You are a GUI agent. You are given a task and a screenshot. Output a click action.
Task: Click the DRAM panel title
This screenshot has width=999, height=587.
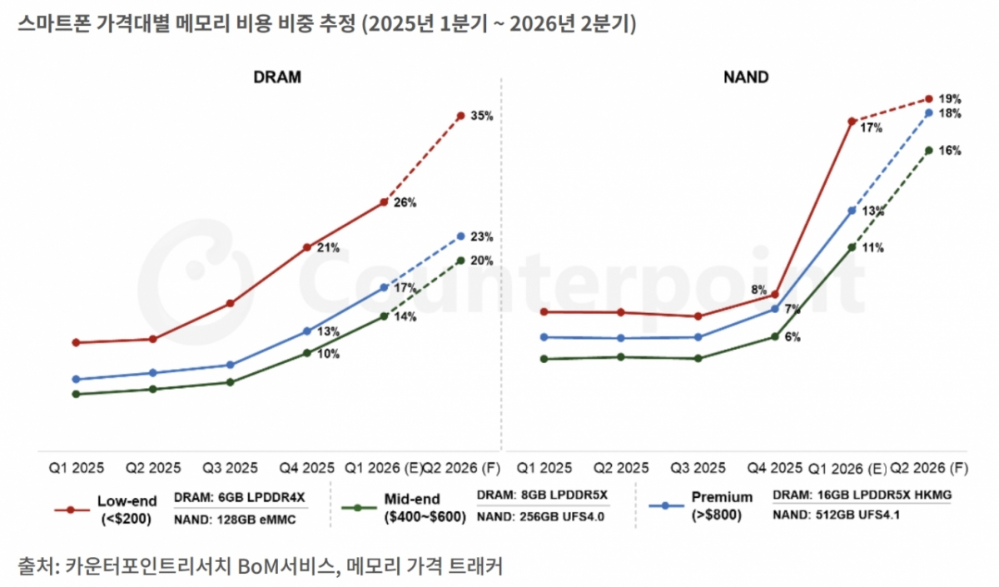point(277,77)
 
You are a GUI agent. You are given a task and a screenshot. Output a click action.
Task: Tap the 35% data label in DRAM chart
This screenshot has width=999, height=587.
point(481,117)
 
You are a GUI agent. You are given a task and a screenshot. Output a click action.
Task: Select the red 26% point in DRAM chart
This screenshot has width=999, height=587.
point(384,202)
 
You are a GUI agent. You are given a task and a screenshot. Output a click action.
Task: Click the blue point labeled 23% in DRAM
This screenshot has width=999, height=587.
point(460,236)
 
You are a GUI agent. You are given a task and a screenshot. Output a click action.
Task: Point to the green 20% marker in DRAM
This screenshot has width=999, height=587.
point(460,261)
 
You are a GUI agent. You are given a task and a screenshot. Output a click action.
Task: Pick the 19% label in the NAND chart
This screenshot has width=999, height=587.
point(950,97)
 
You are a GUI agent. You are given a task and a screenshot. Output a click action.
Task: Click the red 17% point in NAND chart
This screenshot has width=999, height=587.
point(852,122)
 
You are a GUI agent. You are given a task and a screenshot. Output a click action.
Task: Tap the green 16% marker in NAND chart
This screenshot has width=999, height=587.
point(929,151)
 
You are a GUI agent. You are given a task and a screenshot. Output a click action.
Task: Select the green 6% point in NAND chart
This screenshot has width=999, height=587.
point(774,336)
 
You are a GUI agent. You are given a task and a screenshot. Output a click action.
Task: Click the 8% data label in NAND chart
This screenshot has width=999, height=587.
point(758,290)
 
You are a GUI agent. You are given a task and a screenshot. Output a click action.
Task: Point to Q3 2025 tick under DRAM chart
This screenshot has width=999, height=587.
point(230,467)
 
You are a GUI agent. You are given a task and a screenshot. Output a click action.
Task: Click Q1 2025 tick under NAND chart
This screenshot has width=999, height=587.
point(543,467)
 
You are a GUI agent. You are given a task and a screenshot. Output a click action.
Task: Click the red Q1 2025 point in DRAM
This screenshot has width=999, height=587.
point(76,342)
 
